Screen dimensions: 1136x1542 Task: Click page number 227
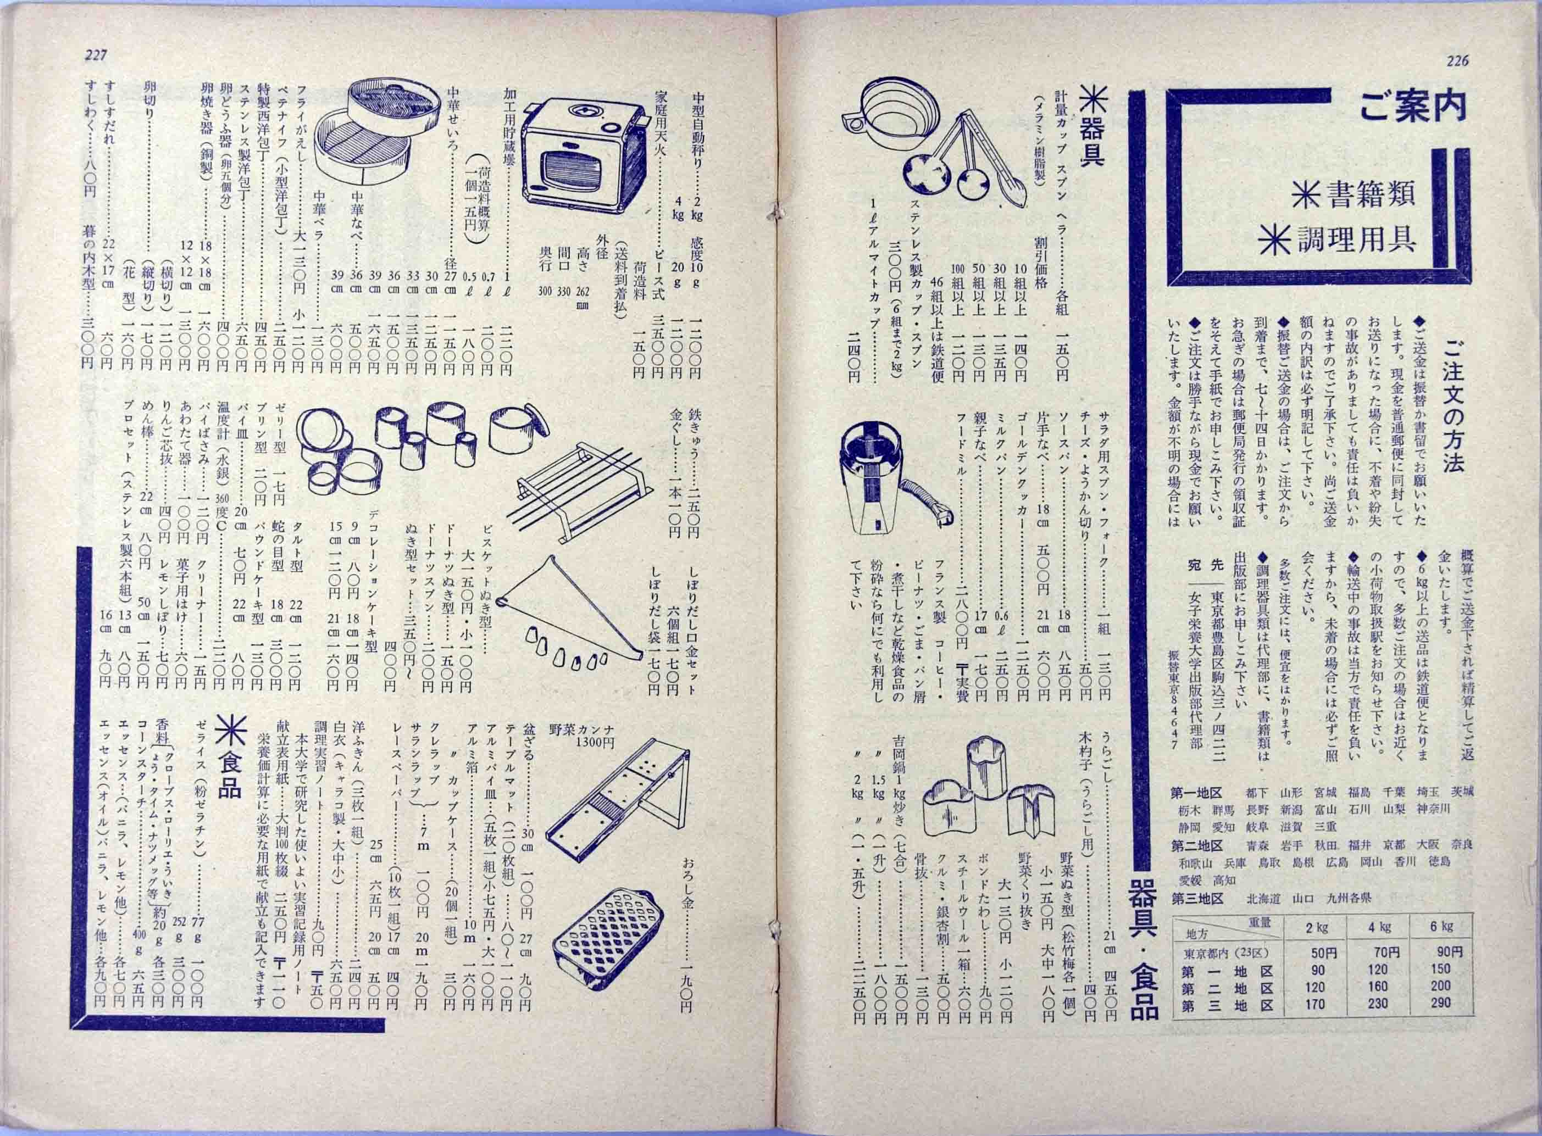click(x=93, y=57)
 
